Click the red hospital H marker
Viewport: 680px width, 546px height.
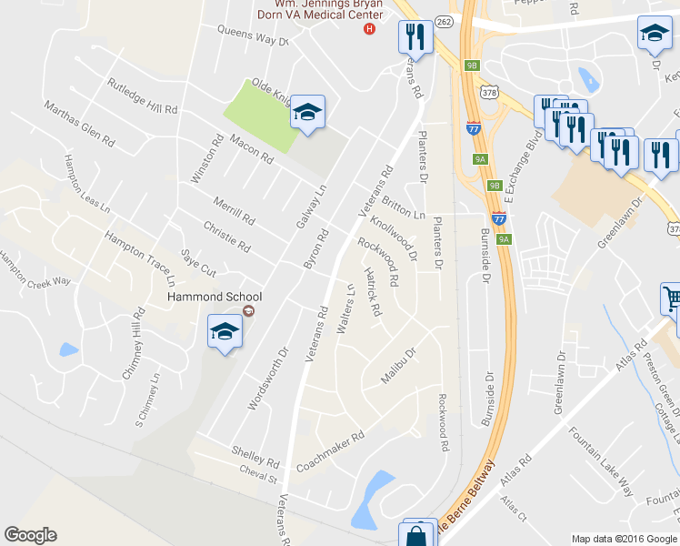[x=369, y=28]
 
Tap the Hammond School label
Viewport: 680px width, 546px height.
[x=215, y=297]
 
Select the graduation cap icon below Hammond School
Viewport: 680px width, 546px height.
[x=224, y=331]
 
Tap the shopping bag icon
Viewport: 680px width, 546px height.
[x=415, y=534]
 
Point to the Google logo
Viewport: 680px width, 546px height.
[x=30, y=535]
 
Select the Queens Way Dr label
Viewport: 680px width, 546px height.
[x=252, y=35]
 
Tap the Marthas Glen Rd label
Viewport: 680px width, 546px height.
[x=81, y=125]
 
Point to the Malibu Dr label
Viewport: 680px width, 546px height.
[x=397, y=366]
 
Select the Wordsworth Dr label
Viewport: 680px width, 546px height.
[x=267, y=377]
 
